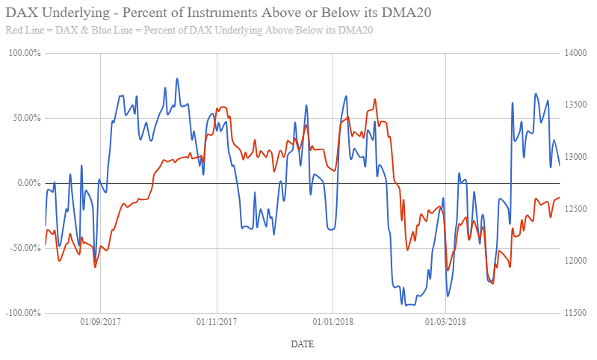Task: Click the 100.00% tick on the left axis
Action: [23, 54]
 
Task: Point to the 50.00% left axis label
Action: [25, 118]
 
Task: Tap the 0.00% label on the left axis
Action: [27, 183]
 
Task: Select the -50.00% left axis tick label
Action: [23, 248]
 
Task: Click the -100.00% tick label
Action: [22, 312]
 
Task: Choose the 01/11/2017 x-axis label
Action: [216, 322]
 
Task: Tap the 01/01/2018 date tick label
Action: [332, 322]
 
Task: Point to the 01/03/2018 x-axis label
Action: [445, 322]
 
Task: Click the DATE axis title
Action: [302, 344]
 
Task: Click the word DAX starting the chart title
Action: [19, 13]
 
